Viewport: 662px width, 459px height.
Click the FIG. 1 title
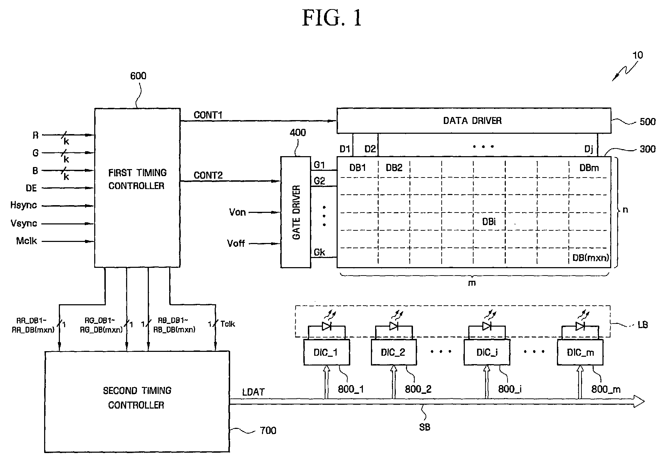[331, 18]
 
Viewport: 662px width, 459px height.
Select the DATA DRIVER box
[474, 120]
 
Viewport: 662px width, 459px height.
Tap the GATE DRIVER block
[296, 212]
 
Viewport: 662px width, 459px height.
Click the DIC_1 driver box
[326, 352]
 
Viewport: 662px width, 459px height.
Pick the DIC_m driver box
[580, 352]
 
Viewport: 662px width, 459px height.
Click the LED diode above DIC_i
[487, 326]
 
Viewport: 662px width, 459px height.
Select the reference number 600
[138, 76]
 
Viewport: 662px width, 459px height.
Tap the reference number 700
[268, 430]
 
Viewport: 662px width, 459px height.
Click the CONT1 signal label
[208, 115]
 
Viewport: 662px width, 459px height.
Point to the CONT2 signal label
[208, 175]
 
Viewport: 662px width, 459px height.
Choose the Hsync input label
[23, 206]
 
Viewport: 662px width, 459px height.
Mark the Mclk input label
[26, 241]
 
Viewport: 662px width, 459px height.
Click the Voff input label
[236, 243]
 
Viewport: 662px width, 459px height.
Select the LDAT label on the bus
[253, 392]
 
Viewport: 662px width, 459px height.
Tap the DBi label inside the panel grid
[489, 222]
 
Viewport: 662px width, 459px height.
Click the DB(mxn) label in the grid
[591, 258]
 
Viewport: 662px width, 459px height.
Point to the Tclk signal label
[228, 324]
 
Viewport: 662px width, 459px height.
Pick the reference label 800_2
[418, 389]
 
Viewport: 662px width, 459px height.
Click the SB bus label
[425, 427]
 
